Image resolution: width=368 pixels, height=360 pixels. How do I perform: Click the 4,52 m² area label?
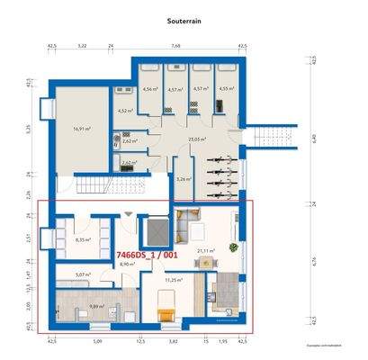(x=124, y=111)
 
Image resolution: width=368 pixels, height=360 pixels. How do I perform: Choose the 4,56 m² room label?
(x=150, y=89)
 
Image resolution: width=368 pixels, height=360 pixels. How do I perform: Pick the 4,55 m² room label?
(x=225, y=89)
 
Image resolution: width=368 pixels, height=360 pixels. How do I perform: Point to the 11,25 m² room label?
(x=174, y=280)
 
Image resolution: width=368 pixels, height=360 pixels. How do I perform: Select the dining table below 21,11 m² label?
(x=208, y=263)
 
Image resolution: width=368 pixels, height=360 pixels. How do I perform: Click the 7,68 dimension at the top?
(x=175, y=44)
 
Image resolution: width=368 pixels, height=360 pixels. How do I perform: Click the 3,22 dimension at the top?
(x=82, y=44)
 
